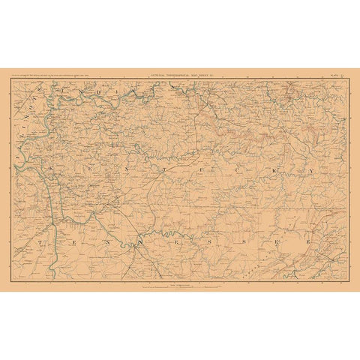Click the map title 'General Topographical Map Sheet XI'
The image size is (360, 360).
tap(179, 73)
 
